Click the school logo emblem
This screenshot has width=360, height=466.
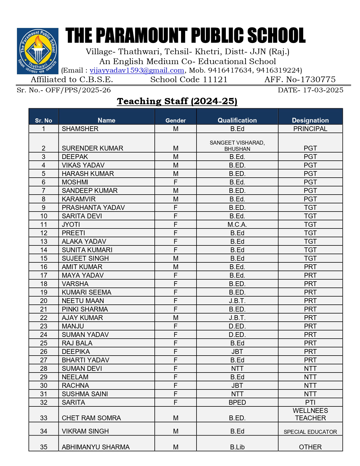point(38,51)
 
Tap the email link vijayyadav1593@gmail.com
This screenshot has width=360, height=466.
point(137,70)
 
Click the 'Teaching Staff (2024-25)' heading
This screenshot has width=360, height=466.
point(177,101)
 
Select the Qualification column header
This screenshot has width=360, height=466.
point(237,120)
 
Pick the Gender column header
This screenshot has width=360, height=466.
point(175,121)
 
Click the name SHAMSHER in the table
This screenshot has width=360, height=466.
point(80,129)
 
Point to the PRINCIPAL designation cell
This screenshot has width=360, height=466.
point(310,129)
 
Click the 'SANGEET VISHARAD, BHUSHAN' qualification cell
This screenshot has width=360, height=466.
point(237,146)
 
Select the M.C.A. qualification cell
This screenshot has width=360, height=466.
point(237,225)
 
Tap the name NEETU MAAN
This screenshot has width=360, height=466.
point(83,301)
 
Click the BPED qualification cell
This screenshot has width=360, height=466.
point(237,402)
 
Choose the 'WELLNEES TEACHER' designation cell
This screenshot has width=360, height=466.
point(310,414)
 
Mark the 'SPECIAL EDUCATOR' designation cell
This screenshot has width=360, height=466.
point(310,432)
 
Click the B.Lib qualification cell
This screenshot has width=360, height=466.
point(237,447)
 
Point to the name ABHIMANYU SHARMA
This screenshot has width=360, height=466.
point(95,447)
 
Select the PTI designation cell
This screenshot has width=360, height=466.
point(310,402)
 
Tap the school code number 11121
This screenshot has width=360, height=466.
point(215,80)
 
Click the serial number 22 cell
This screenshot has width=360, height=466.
point(43,318)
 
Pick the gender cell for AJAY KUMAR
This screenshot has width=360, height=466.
point(175,318)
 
